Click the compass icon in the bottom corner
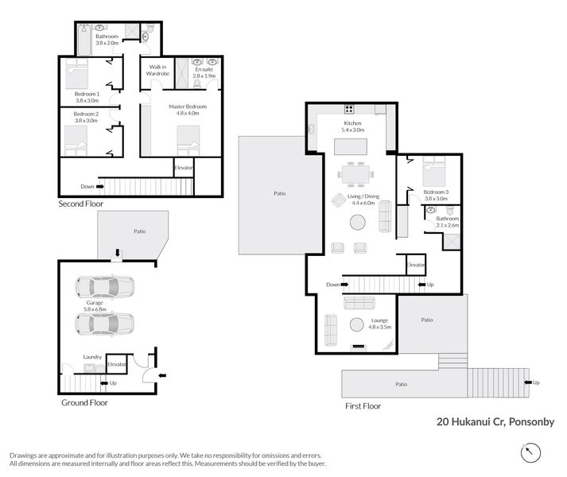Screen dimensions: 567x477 (x=530, y=452)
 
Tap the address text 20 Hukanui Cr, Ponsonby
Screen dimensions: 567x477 (x=495, y=421)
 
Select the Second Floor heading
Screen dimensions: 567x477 (x=81, y=204)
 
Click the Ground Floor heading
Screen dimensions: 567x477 (x=84, y=402)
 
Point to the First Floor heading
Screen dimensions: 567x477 (x=363, y=406)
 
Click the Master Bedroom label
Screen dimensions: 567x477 (x=188, y=107)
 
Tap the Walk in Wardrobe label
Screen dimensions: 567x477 (x=157, y=70)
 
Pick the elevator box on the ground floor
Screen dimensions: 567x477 (x=116, y=363)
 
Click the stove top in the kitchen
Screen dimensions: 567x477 (x=349, y=109)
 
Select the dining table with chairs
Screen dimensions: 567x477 (x=355, y=175)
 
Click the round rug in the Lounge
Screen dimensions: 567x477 (x=356, y=324)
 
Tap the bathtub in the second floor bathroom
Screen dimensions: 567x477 (x=84, y=40)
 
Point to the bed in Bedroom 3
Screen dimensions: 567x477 (x=434, y=172)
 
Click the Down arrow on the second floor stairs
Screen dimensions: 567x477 (x=100, y=187)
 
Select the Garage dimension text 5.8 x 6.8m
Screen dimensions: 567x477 (x=95, y=309)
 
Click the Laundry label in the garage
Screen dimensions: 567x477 (x=92, y=357)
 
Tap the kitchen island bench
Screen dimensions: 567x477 (x=351, y=146)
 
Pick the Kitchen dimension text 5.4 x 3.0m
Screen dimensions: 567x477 (x=353, y=130)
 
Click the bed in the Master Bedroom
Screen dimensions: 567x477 (x=188, y=141)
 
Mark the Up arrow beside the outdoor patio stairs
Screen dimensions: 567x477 (x=528, y=382)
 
